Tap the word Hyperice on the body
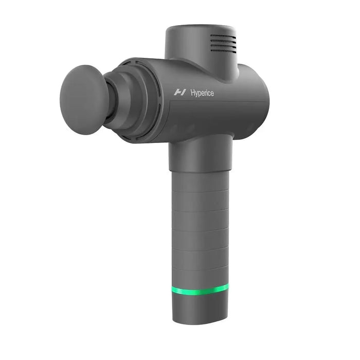click(202, 93)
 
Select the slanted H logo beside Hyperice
click(180, 93)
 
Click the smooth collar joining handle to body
click(201, 154)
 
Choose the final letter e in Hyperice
click(212, 93)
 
